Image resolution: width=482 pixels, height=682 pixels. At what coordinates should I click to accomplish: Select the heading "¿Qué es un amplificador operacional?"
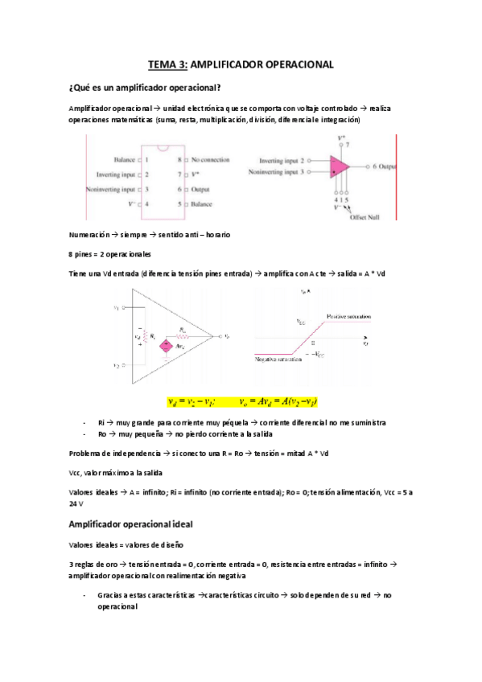146,87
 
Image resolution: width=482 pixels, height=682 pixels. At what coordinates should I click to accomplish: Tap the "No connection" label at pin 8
211,160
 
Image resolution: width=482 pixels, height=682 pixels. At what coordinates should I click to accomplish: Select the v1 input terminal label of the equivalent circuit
117,307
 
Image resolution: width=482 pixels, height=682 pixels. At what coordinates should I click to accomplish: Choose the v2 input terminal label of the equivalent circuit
117,364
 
